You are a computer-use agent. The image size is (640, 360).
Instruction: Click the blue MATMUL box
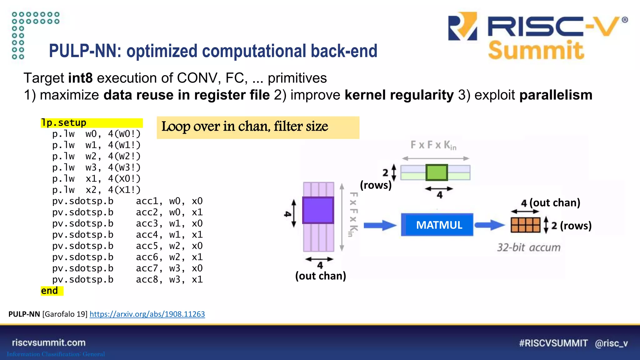pyautogui.click(x=437, y=225)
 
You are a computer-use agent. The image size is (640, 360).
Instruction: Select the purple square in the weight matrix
pyautogui.click(x=318, y=210)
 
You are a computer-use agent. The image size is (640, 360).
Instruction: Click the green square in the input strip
pyautogui.click(x=437, y=172)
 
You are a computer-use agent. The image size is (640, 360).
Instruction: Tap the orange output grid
pyautogui.click(x=525, y=225)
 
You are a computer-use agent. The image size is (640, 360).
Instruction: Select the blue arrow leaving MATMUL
pyautogui.click(x=489, y=225)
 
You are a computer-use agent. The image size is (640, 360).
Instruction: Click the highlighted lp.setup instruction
pyautogui.click(x=64, y=123)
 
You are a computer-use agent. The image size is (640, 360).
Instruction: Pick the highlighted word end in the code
pyautogui.click(x=49, y=291)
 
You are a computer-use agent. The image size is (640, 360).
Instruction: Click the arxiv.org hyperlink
pyautogui.click(x=147, y=314)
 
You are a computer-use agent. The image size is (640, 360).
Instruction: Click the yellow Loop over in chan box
pyautogui.click(x=258, y=127)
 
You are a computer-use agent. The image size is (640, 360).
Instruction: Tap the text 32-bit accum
pyautogui.click(x=529, y=247)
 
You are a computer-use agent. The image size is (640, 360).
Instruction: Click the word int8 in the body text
pyautogui.click(x=80, y=78)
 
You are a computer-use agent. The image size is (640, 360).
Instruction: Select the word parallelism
pyautogui.click(x=556, y=95)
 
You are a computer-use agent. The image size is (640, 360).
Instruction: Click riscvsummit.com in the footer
pyautogui.click(x=49, y=342)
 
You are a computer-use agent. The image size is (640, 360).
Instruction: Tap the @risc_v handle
pyautogui.click(x=611, y=343)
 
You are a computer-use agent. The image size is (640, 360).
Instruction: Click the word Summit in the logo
pyautogui.click(x=536, y=51)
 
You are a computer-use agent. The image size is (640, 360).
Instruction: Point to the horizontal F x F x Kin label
pyautogui.click(x=433, y=145)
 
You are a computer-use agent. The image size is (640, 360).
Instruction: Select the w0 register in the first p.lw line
pyautogui.click(x=91, y=134)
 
